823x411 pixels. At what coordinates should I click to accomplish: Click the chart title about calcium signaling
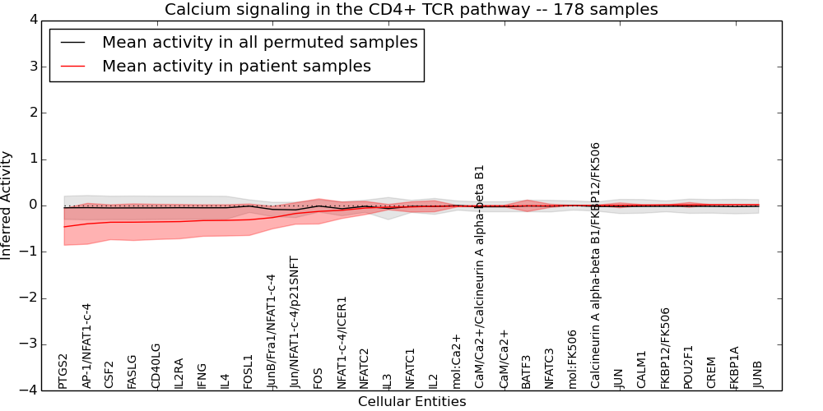click(x=411, y=10)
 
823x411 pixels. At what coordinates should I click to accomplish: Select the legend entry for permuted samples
click(x=259, y=43)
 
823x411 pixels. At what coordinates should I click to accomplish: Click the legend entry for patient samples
click(x=236, y=67)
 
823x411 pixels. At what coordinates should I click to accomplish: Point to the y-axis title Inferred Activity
click(x=7, y=205)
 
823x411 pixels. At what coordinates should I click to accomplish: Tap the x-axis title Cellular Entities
click(x=411, y=402)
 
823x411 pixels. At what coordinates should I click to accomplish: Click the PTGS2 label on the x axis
click(x=63, y=371)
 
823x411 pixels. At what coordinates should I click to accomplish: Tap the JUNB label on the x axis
click(x=758, y=374)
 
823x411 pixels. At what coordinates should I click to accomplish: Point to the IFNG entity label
click(x=202, y=375)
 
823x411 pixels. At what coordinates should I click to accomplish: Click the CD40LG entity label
click(x=156, y=366)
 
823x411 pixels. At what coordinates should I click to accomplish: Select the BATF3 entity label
click(x=527, y=372)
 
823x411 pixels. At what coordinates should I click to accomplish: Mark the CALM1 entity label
click(x=642, y=370)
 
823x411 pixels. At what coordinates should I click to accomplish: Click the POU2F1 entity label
click(x=688, y=367)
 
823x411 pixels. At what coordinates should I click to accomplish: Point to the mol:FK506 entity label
click(x=573, y=359)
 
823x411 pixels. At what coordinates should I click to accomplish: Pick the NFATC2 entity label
click(x=365, y=368)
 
